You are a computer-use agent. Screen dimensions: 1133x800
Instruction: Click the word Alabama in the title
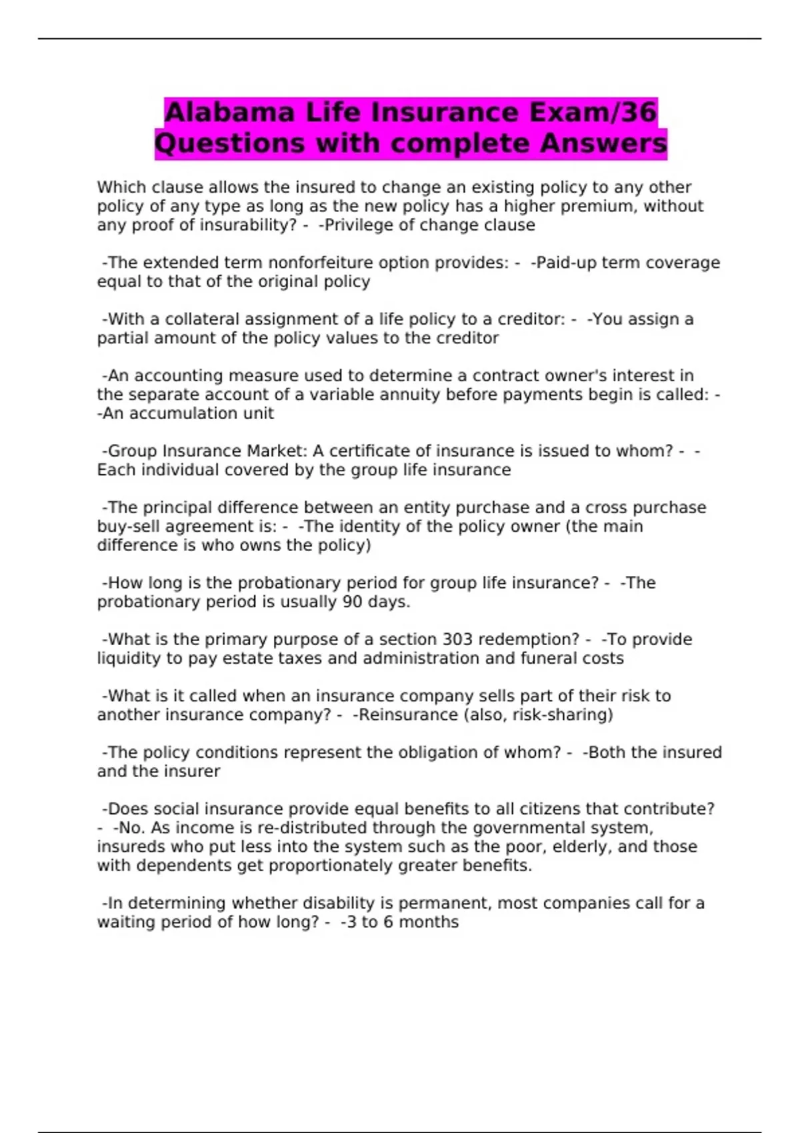point(229,112)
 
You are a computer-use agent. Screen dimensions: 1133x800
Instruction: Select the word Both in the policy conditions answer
point(607,752)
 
